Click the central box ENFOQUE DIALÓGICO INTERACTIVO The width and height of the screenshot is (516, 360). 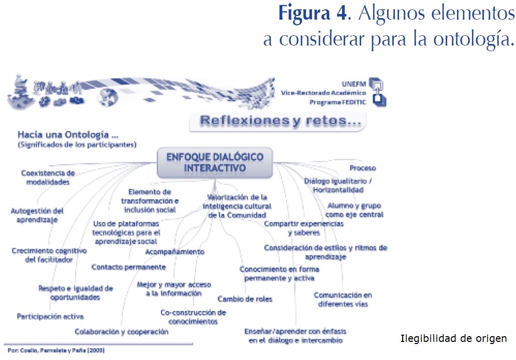[x=215, y=162]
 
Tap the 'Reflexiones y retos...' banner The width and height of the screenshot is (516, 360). [x=277, y=122]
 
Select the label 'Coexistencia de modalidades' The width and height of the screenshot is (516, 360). [x=48, y=177]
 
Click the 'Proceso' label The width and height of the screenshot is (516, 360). [x=362, y=168]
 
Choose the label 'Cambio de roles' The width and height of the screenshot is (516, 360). [x=245, y=299]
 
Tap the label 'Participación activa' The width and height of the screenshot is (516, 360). [x=50, y=316]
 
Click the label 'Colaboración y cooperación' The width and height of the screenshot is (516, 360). [x=122, y=332]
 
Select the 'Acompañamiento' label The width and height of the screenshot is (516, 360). [x=174, y=252]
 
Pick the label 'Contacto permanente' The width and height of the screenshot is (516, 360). [x=128, y=267]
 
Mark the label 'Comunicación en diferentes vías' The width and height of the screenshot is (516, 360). [x=342, y=299]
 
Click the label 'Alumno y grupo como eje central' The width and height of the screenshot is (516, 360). [x=355, y=210]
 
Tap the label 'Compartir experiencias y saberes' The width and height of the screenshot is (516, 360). [x=304, y=228]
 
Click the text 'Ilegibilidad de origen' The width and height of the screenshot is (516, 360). [x=453, y=339]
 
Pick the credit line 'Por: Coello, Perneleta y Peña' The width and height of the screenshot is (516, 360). [x=54, y=350]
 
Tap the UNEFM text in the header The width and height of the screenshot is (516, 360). [x=354, y=84]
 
